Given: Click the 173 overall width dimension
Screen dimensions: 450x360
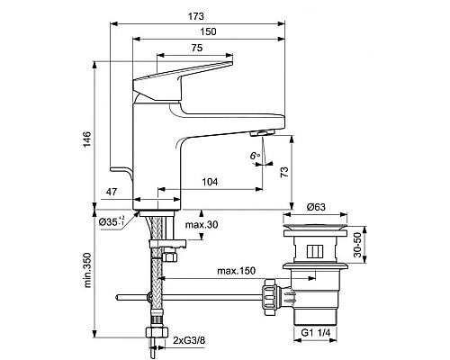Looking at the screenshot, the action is tap(196, 16).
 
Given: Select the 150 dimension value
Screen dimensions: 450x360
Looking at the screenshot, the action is tap(209, 31).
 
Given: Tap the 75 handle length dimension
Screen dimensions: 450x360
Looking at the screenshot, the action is tap(197, 48).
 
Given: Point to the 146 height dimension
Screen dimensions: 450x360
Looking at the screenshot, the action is tap(86, 139).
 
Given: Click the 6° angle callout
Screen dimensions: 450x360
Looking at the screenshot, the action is tap(255, 156).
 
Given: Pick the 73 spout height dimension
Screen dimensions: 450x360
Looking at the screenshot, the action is tap(284, 172).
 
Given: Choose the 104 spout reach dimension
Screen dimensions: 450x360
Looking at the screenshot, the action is tap(210, 182).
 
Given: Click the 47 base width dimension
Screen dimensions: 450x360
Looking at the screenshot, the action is tap(112, 192).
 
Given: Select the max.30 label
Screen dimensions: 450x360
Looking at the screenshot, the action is tap(202, 224).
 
